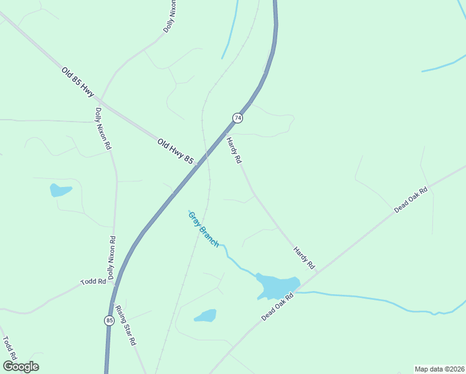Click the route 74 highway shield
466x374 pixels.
click(x=237, y=118)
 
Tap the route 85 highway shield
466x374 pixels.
click(x=109, y=320)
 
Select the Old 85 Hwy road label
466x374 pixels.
click(x=78, y=82)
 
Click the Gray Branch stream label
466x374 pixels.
click(x=203, y=229)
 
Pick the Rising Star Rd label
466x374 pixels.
click(x=125, y=325)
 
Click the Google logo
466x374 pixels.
click(x=21, y=367)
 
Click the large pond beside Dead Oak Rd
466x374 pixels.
click(x=277, y=285)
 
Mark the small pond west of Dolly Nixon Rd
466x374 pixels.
click(x=60, y=190)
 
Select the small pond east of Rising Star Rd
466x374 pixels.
click(x=206, y=316)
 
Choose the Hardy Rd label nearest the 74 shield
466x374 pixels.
click(x=234, y=150)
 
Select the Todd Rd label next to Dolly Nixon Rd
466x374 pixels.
click(x=93, y=282)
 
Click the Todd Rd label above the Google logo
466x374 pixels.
click(x=9, y=350)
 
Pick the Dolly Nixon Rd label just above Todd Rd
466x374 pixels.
click(x=111, y=257)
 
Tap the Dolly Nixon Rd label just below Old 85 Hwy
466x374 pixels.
click(x=103, y=128)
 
